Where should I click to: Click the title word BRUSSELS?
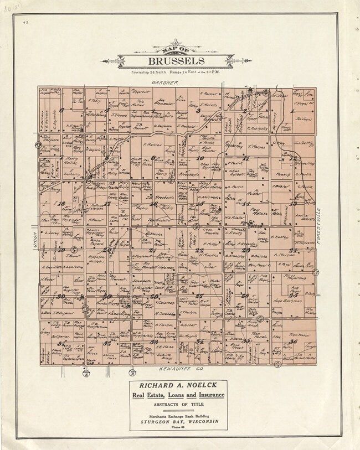(x=176, y=61)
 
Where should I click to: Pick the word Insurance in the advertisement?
(x=209, y=395)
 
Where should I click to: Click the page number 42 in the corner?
(x=25, y=23)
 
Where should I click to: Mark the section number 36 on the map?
(x=293, y=342)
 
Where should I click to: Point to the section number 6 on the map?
(x=62, y=110)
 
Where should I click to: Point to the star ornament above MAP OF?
(x=176, y=42)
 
